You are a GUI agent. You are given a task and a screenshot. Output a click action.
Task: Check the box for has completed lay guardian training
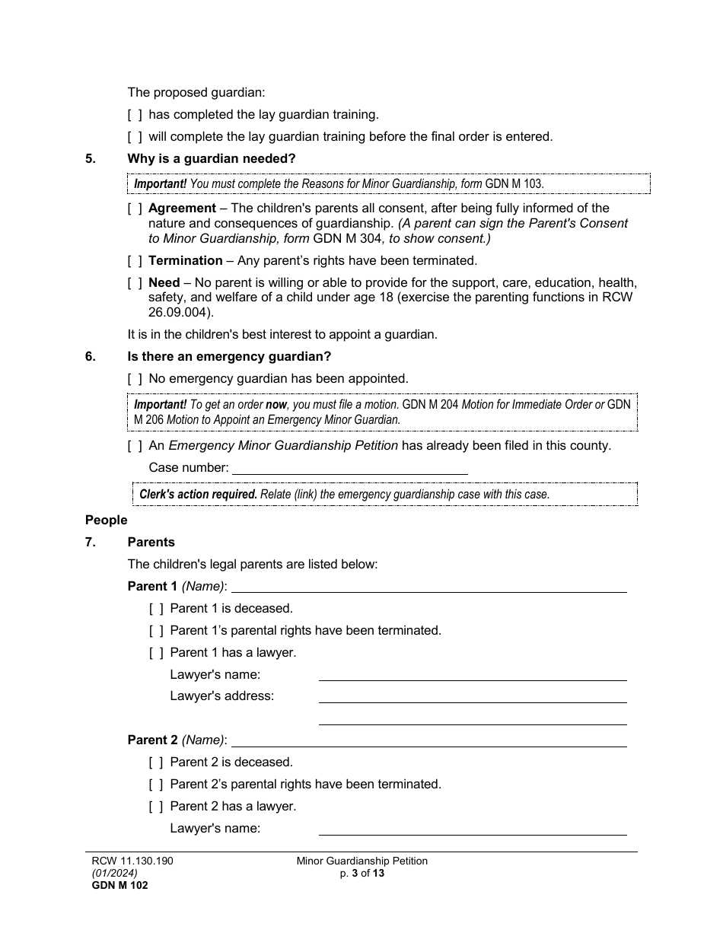click(x=135, y=115)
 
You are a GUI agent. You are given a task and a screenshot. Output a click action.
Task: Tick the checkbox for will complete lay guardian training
click(x=135, y=137)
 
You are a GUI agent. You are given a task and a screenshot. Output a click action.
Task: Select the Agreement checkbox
click(x=135, y=209)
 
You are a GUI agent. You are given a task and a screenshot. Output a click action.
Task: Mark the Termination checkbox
click(x=135, y=261)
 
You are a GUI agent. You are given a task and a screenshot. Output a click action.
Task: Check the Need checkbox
click(x=135, y=283)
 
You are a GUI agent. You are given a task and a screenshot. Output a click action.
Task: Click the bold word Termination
click(x=185, y=261)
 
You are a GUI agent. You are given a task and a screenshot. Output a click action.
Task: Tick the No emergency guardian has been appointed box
click(x=135, y=378)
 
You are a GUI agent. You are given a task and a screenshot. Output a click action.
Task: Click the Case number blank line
click(x=349, y=468)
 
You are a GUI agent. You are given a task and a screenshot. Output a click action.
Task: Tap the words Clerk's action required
click(x=198, y=494)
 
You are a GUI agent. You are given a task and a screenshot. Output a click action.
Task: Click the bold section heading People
click(x=106, y=521)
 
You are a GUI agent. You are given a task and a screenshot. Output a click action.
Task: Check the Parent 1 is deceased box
click(x=156, y=609)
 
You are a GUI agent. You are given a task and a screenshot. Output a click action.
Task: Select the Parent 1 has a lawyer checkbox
click(x=156, y=653)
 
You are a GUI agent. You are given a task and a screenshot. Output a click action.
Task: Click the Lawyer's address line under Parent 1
click(x=472, y=696)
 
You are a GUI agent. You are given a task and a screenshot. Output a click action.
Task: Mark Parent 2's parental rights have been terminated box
click(x=156, y=785)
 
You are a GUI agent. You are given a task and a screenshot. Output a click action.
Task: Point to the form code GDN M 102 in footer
click(x=116, y=885)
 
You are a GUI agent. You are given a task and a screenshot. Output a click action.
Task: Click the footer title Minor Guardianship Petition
click(x=362, y=861)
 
